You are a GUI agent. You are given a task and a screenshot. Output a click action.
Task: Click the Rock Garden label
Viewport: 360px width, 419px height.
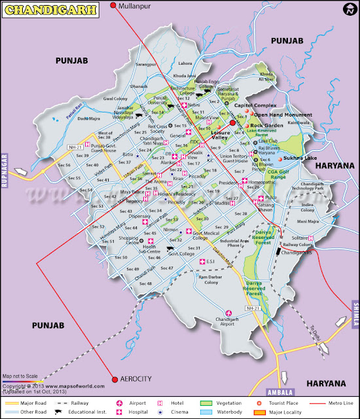click(x=265, y=125)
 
